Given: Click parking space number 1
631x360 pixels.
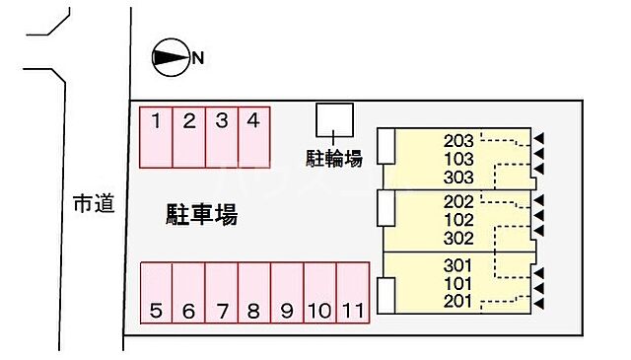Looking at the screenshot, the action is coord(157,136).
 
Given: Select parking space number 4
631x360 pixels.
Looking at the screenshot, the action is coord(253,136).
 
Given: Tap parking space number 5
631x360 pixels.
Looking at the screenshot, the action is coord(157,293).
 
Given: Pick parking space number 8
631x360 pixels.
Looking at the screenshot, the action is coord(253,293).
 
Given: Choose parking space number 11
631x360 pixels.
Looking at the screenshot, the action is coord(352,293).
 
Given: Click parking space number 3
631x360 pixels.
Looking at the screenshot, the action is coord(222,136).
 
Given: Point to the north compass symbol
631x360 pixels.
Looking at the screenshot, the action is coord(170,58).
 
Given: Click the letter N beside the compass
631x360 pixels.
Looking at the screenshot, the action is coord(198,58).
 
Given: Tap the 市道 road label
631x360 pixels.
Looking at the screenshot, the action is coord(94,204).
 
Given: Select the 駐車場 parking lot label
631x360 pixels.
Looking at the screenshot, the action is coord(200,214).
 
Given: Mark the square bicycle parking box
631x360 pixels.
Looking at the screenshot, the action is coord(333,118).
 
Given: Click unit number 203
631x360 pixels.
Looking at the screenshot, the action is coord(459,141).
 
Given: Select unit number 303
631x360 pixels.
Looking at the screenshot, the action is coord(459,178).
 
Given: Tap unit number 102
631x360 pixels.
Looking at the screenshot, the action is coord(459,220).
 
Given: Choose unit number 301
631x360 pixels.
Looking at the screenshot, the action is coord(459,265).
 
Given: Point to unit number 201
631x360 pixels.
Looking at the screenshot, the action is coord(459,301).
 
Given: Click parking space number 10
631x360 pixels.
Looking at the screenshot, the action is coord(318,293).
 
